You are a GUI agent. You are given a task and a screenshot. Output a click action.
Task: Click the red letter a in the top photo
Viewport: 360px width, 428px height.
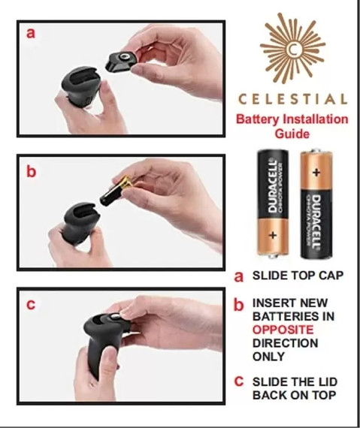[x=31, y=33]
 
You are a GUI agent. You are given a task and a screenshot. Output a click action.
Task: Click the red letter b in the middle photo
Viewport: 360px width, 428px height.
[x=31, y=172]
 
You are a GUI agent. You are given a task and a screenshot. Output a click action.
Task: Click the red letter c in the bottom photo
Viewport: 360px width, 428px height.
[x=31, y=305]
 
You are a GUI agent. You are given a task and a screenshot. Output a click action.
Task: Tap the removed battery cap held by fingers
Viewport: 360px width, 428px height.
[x=120, y=62]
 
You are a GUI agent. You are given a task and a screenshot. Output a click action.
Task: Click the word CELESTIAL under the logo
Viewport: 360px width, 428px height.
[x=292, y=99]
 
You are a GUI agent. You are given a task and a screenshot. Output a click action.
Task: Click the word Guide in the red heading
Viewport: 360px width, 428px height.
[x=292, y=134]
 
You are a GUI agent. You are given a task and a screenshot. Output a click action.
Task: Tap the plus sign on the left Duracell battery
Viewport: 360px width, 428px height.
[x=272, y=235]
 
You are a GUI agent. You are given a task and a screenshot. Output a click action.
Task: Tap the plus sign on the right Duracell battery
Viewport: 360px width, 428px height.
[x=316, y=172]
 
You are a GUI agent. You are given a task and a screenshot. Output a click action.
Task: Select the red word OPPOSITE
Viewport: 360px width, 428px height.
[x=283, y=330]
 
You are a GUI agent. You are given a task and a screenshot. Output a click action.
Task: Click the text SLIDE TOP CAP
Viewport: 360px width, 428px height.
[x=298, y=276]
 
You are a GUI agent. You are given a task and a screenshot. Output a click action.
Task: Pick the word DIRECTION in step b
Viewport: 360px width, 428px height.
[x=285, y=343]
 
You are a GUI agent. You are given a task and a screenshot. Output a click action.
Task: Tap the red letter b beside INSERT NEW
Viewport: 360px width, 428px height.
[x=239, y=305]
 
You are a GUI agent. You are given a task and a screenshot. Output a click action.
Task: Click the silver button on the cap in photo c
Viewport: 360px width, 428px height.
[x=115, y=317]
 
